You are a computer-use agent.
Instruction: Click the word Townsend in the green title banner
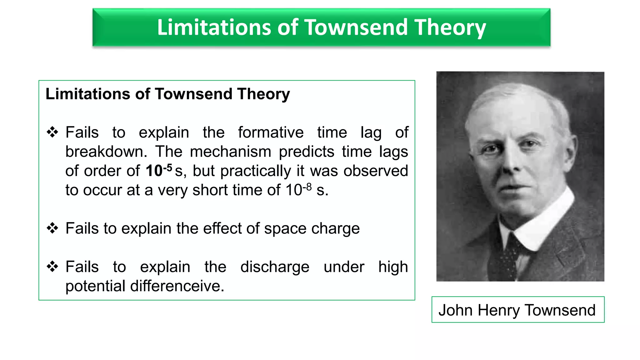coord(356,27)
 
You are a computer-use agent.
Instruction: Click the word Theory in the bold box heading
coord(263,94)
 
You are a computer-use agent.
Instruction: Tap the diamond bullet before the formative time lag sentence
coord(52,132)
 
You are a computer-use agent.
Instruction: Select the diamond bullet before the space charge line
coord(52,228)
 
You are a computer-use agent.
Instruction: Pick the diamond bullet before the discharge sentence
coord(52,267)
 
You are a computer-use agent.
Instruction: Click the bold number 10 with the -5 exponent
coord(154,171)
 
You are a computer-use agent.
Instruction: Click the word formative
coord(271,132)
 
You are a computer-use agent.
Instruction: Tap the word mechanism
coord(231,152)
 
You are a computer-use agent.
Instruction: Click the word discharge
coord(275,267)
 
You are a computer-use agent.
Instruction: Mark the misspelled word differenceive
coord(177,286)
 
